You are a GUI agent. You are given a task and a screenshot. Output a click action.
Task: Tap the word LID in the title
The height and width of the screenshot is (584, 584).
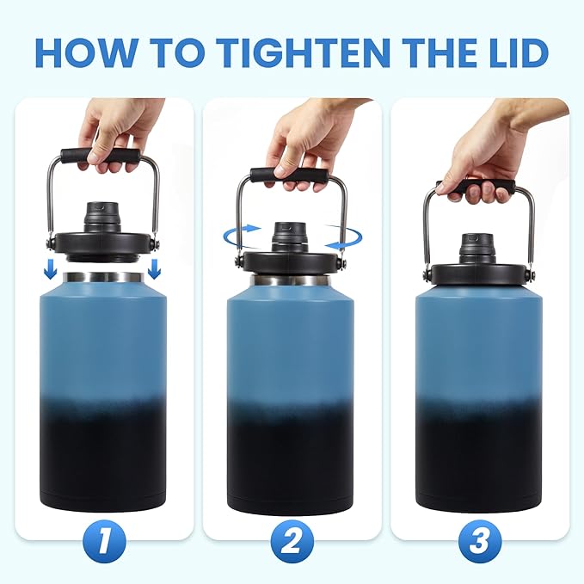511,53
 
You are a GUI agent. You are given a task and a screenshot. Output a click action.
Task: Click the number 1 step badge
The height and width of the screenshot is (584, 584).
105,543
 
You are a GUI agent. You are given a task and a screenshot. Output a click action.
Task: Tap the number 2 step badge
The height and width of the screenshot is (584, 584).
292,543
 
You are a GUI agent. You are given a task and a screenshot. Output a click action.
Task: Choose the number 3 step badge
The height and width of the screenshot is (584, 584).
479,543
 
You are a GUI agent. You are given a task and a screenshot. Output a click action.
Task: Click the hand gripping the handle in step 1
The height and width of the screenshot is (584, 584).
116,129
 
